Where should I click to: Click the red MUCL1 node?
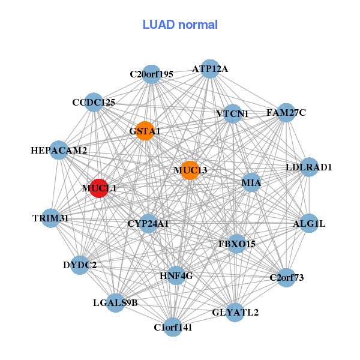99,188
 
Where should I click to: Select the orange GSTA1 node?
145,131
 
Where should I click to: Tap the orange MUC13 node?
190,170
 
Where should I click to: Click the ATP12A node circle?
209,68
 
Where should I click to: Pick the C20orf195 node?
152,74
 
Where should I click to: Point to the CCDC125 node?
93,102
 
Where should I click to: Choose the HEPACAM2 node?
59,150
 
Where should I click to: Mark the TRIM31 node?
50,218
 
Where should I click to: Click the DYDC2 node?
80,265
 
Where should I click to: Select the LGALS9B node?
116,302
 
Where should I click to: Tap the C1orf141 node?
173,327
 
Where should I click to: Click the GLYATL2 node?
235,312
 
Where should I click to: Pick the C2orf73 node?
287,277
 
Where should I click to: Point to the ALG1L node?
308,224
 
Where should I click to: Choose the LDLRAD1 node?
308,167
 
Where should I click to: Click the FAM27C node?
286,112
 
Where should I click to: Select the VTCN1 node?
232,113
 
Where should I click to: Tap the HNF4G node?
176,276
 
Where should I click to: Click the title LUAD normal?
180,25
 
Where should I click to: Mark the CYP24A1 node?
148,224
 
